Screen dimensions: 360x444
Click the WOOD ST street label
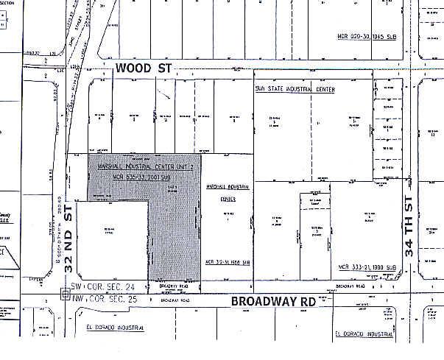pyautogui.click(x=144, y=68)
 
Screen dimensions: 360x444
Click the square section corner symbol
pyautogui.click(x=64, y=293)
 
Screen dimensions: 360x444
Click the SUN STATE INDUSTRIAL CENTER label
pyautogui.click(x=295, y=89)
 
